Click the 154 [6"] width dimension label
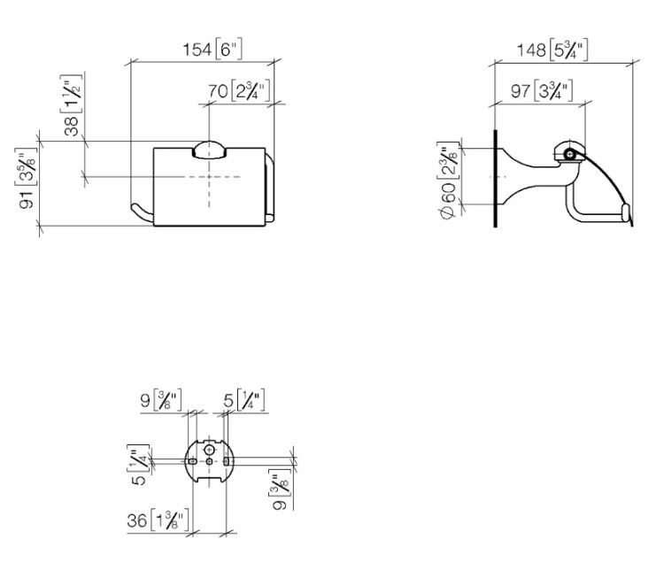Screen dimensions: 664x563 tap(212, 50)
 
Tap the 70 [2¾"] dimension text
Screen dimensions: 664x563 tap(238, 90)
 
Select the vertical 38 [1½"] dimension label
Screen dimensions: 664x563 tap(72, 105)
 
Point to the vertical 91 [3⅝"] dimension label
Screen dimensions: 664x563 tap(27, 178)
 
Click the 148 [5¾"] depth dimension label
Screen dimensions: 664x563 tap(552, 50)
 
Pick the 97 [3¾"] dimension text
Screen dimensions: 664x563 tap(542, 90)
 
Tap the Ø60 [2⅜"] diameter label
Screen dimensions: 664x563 tap(449, 180)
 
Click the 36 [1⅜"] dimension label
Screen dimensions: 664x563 tap(158, 521)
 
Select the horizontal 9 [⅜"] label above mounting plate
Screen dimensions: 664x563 tap(161, 399)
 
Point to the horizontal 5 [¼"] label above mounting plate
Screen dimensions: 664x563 tap(244, 399)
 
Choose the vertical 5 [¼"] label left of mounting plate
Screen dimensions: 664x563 tap(138, 465)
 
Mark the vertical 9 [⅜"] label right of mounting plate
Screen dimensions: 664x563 tap(280, 490)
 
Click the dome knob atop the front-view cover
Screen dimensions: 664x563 tap(209, 150)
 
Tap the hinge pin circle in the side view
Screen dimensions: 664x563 tap(570, 155)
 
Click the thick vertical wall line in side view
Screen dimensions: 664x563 tap(495, 178)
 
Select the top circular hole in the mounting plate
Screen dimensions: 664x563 tap(209, 449)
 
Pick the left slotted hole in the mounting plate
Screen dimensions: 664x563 tap(192, 461)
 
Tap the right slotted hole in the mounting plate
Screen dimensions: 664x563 tap(226, 461)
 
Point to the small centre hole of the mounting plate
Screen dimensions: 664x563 tap(209, 461)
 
